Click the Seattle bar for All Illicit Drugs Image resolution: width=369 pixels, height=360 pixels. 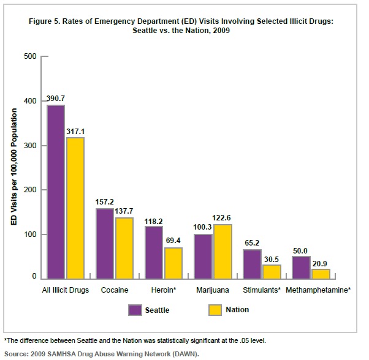coord(56,192)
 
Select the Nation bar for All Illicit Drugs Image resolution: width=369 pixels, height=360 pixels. coord(75,208)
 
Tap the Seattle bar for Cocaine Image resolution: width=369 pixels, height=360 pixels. coord(104,244)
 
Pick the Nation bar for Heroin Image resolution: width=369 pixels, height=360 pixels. coord(173,263)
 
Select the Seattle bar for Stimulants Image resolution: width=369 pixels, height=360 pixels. coord(251,264)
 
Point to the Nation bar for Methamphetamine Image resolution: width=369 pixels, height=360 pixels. coord(320,274)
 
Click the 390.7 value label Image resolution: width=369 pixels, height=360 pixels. coord(56,99)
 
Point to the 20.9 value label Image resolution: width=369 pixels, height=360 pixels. coord(321,263)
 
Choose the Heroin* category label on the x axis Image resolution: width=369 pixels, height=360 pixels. coord(164,289)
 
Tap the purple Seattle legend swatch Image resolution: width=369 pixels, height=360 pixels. coord(135,310)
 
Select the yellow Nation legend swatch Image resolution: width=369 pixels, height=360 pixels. coord(215,310)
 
